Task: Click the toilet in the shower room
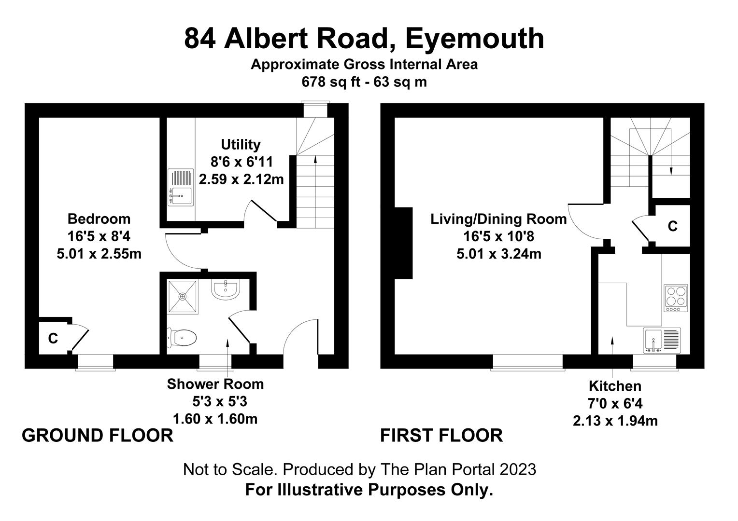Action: click(182, 338)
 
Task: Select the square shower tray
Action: click(183, 297)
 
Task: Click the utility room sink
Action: click(181, 188)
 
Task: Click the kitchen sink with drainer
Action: click(662, 341)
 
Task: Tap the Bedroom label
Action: click(99, 219)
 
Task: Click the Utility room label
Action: click(241, 145)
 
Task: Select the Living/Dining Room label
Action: click(498, 219)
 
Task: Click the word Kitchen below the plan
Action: click(615, 386)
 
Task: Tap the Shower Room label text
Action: click(215, 384)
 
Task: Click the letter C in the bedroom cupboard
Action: click(53, 338)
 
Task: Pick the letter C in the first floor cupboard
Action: click(672, 226)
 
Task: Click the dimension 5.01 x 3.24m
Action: click(499, 254)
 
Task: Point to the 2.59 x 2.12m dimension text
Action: click(241, 179)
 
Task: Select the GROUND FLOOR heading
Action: click(98, 436)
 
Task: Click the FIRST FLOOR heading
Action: click(441, 436)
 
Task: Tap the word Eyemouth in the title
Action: click(474, 39)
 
